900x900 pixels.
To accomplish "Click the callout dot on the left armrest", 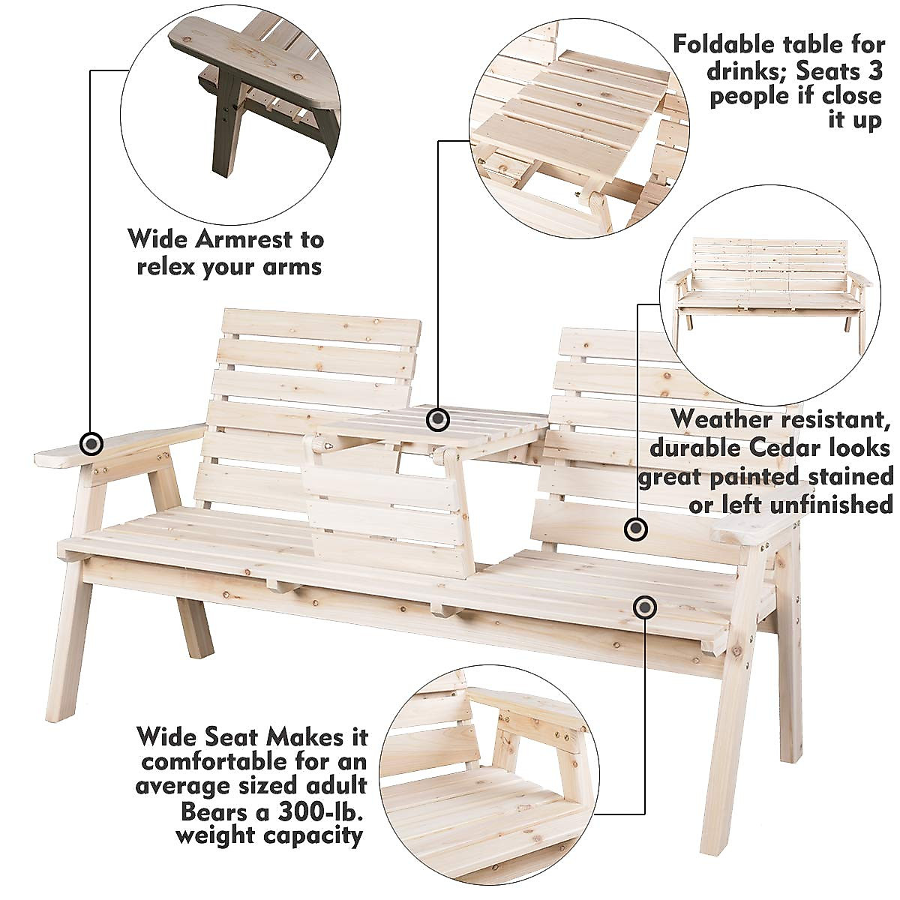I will coord(91,444).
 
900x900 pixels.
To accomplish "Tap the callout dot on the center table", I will coord(438,419).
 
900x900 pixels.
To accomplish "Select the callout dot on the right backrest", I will coord(636,529).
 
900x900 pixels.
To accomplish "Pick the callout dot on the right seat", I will coord(643,607).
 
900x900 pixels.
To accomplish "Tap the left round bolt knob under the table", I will coord(323,445).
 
